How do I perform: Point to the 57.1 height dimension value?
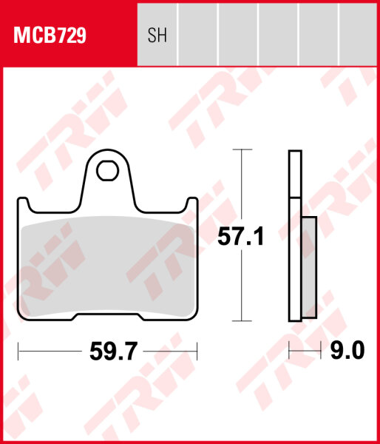[x=240, y=237]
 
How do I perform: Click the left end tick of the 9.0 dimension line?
[x=289, y=349]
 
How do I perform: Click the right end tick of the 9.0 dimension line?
[x=320, y=349]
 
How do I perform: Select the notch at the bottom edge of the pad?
[x=109, y=317]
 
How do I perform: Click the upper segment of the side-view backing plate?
[x=295, y=175]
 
